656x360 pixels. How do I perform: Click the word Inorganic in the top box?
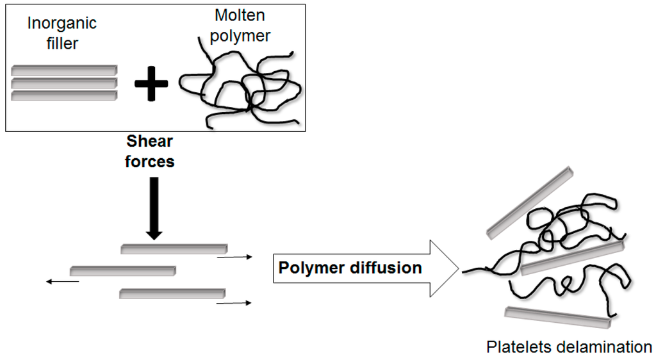(61, 24)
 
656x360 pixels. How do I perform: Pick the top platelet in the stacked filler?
(64, 69)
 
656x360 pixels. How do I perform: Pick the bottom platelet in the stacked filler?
(64, 95)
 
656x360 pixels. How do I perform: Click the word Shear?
(150, 141)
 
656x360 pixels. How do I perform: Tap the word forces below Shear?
(150, 161)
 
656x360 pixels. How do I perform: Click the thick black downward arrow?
(153, 208)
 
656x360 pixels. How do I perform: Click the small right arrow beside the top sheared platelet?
(234, 258)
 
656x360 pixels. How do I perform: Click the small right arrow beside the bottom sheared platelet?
(234, 303)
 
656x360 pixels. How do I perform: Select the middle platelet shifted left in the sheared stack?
(122, 270)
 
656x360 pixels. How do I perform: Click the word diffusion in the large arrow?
(385, 268)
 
